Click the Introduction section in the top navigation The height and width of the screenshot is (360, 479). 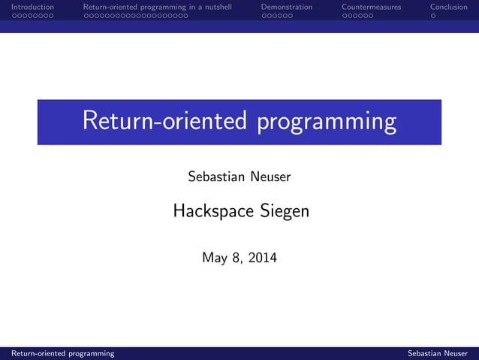point(27,7)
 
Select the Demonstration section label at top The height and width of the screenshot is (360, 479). point(287,7)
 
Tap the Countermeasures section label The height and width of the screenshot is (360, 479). point(371,7)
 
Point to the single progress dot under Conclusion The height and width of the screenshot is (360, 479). point(433,15)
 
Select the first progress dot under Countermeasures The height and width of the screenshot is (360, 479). point(344,15)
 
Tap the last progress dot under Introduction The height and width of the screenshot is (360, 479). point(50,15)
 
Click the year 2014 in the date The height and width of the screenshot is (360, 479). point(261,259)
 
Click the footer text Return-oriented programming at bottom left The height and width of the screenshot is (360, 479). point(58,353)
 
